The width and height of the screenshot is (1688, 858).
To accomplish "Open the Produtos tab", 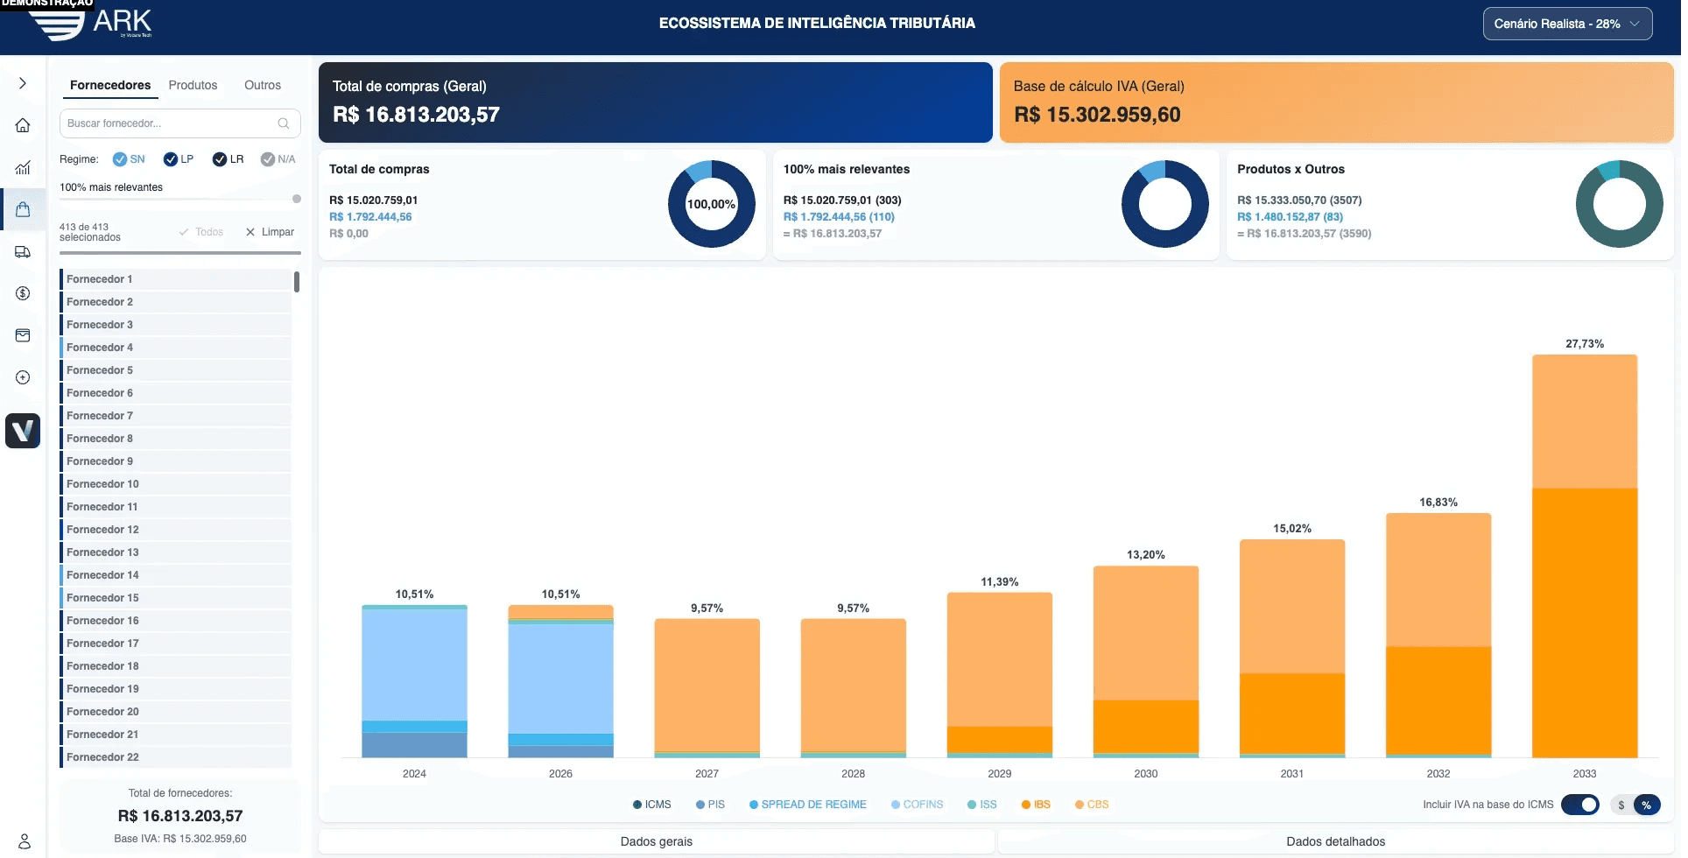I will tap(193, 85).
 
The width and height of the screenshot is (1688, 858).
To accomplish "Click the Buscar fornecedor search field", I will tap(171, 123).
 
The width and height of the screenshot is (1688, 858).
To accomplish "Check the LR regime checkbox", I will tap(220, 159).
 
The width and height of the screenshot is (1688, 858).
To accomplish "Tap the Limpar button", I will tap(270, 232).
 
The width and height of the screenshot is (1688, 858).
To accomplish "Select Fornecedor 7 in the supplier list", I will tap(100, 416).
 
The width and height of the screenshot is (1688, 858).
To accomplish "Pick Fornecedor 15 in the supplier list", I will tap(102, 598).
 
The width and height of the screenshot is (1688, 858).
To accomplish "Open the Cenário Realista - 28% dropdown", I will tap(1566, 24).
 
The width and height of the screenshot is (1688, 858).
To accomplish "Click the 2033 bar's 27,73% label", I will tap(1584, 344).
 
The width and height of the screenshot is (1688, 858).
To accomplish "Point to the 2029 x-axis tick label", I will tap(999, 774).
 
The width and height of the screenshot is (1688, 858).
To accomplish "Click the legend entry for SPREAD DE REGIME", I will tap(807, 805).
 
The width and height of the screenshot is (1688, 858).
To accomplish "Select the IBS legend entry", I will tap(1036, 805).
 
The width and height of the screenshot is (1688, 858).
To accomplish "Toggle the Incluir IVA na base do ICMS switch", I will tap(1580, 805).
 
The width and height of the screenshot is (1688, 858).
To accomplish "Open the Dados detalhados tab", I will tap(1335, 841).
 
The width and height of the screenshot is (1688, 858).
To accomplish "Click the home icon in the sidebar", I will tap(23, 125).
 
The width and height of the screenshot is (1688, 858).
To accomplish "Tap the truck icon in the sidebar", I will tap(23, 252).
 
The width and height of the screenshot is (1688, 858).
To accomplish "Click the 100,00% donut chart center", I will tap(711, 204).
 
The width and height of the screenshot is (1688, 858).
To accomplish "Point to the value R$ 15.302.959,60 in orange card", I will tap(1097, 115).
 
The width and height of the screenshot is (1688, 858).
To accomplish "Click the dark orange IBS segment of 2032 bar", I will tap(1438, 700).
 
